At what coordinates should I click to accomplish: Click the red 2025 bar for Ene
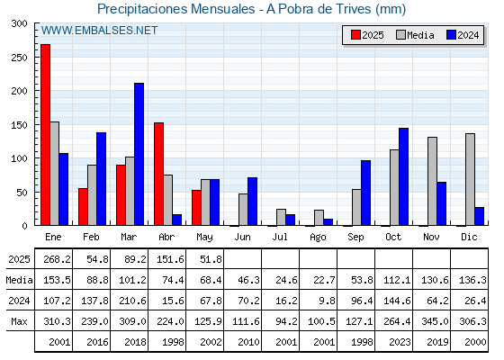pyautogui.click(x=46, y=135)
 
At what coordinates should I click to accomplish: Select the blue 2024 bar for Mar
pyautogui.click(x=139, y=154)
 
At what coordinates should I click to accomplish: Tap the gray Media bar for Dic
pyautogui.click(x=470, y=179)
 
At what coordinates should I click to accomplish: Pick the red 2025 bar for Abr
pyautogui.click(x=158, y=174)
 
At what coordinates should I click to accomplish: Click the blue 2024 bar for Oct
pyautogui.click(x=404, y=176)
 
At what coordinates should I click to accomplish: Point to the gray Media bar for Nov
pyautogui.click(x=432, y=181)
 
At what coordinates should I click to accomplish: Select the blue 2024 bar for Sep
pyautogui.click(x=365, y=193)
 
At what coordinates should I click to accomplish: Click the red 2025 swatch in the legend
pyautogui.click(x=355, y=35)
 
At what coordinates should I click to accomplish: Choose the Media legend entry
pyautogui.click(x=415, y=35)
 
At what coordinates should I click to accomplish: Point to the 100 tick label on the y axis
pyautogui.click(x=19, y=158)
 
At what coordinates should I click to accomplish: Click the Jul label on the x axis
pyautogui.click(x=280, y=237)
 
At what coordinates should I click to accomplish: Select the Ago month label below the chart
pyautogui.click(x=318, y=238)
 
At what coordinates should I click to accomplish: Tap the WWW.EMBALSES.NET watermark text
pyautogui.click(x=99, y=31)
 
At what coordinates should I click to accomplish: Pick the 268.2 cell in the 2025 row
pyautogui.click(x=57, y=259)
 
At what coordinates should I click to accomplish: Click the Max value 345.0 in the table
pyautogui.click(x=435, y=321)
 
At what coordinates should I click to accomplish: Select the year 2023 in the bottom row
pyautogui.click(x=400, y=342)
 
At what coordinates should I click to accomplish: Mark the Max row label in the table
pyautogui.click(x=19, y=321)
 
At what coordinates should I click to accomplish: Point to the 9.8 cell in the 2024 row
pyautogui.click(x=328, y=301)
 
